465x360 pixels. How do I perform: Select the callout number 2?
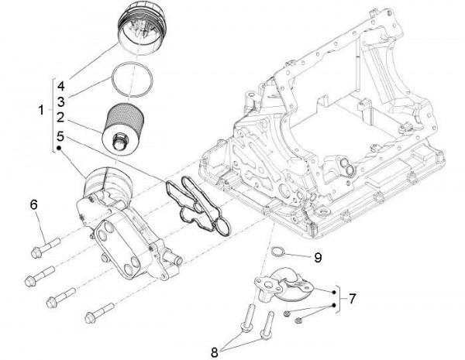point(60,118)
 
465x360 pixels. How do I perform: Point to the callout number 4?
point(60,83)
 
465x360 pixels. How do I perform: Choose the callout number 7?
point(353,297)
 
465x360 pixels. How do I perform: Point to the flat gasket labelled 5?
point(198,204)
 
